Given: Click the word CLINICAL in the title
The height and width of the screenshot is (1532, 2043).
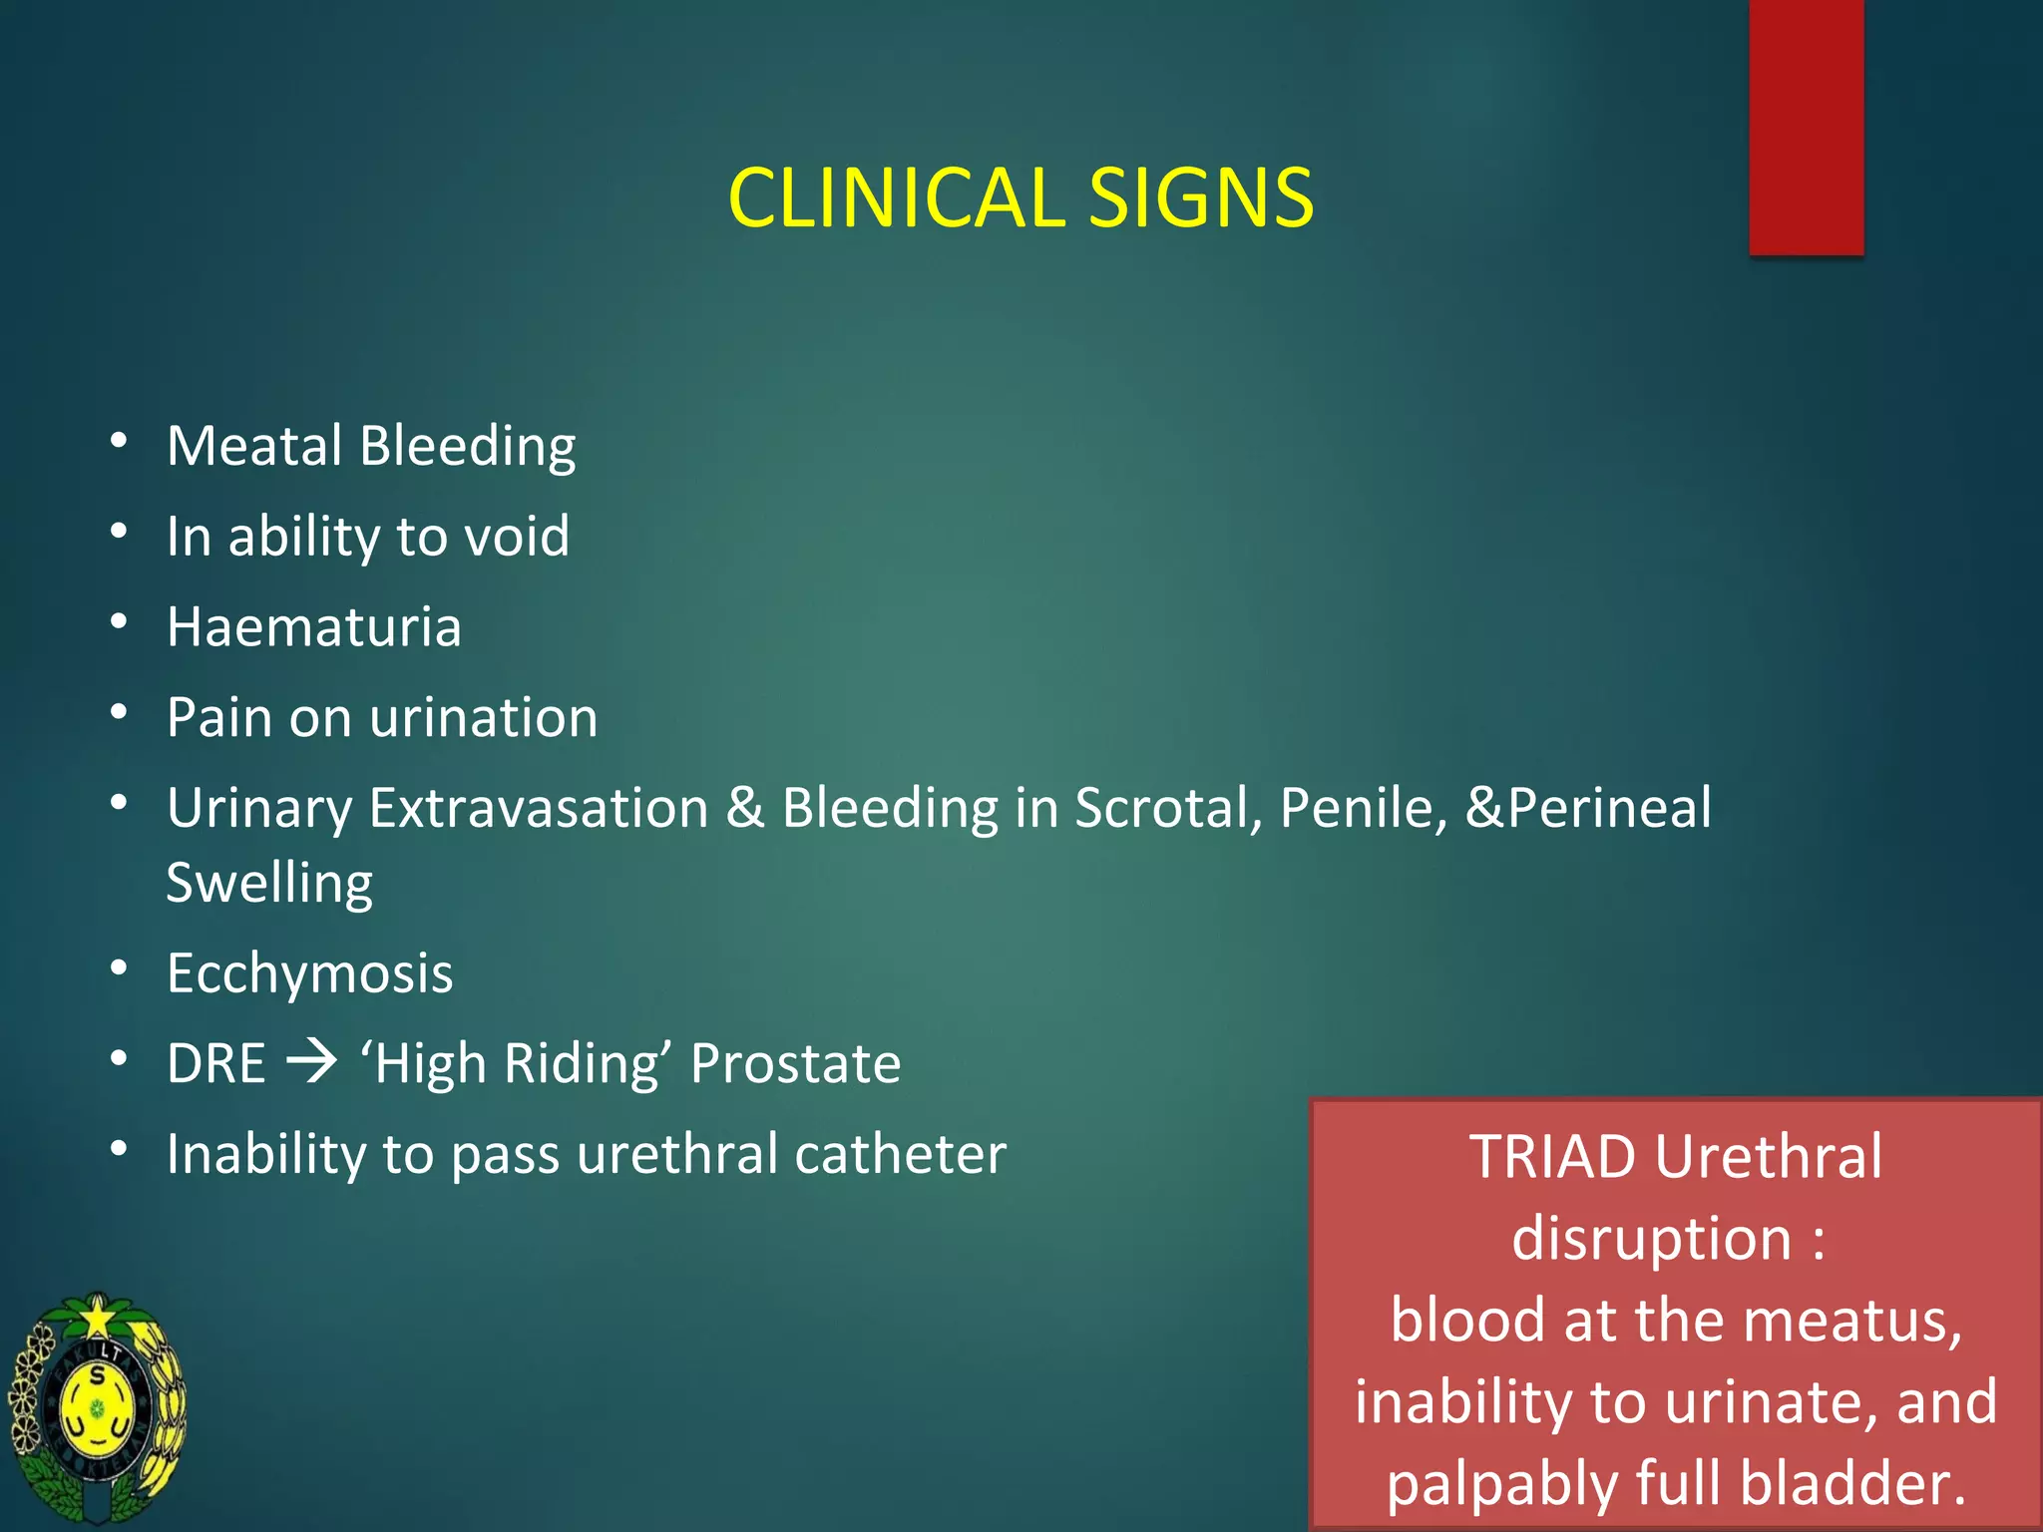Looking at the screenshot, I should [x=896, y=197].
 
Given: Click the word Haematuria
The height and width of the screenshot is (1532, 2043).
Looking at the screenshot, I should [x=314, y=626].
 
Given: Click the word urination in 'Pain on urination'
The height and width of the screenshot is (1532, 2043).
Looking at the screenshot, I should [x=484, y=717].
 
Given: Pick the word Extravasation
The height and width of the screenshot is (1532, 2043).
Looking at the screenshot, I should [x=539, y=807].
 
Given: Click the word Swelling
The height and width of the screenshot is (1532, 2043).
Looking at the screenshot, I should [x=269, y=884].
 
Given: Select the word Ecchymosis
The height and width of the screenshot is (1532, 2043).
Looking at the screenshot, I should [x=310, y=973].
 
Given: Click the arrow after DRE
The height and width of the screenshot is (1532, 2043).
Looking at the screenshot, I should [x=312, y=1062].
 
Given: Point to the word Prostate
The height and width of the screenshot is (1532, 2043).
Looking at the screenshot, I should [x=795, y=1063].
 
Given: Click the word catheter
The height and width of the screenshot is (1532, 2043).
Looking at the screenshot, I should [x=900, y=1154].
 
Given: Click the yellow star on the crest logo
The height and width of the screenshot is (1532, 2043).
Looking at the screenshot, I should [x=98, y=1319].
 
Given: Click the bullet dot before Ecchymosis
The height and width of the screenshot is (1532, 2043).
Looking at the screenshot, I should [x=119, y=967].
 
